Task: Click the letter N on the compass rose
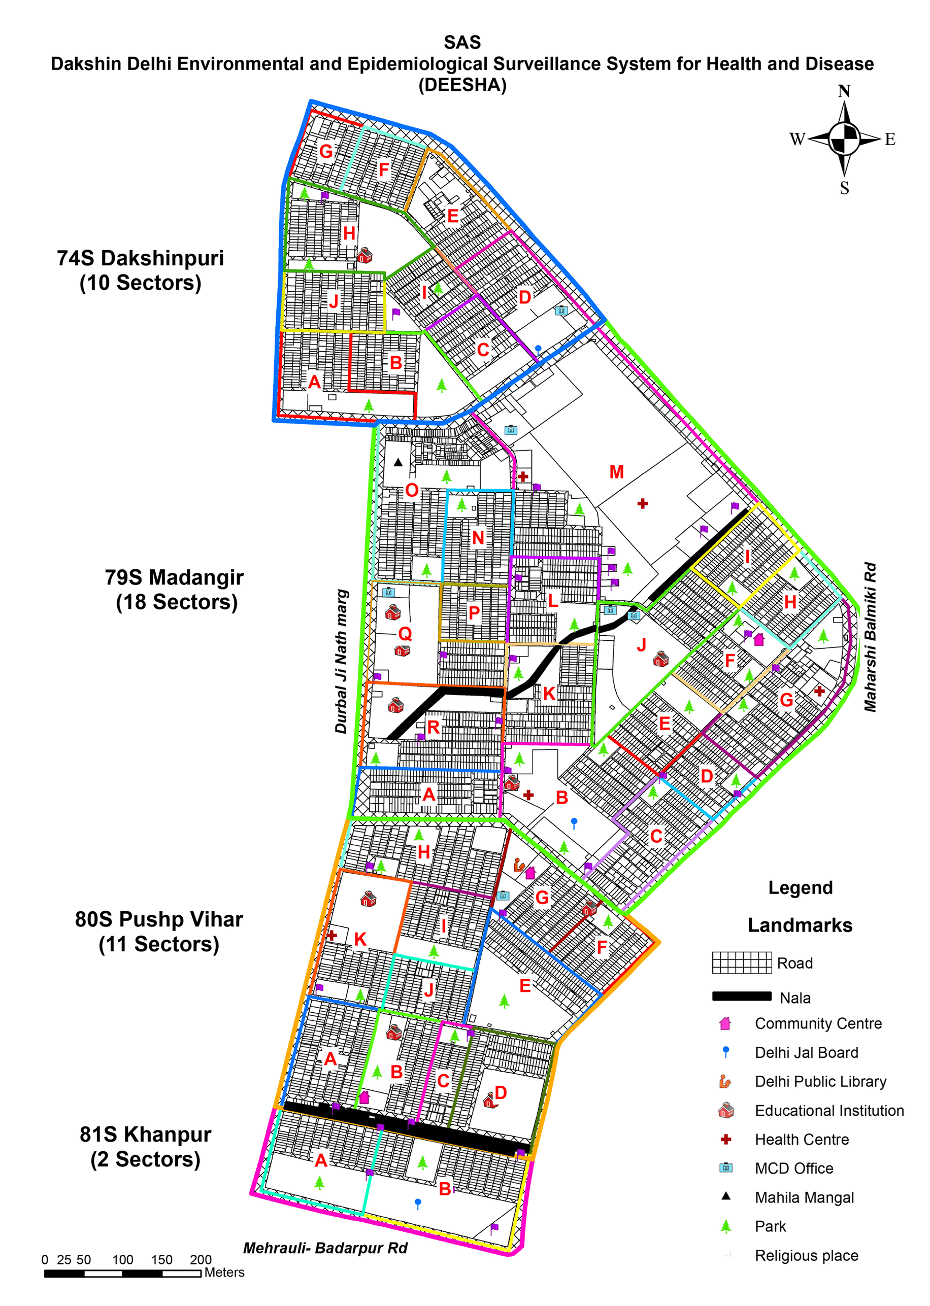point(844,91)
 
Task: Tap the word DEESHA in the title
point(462,85)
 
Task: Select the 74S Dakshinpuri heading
point(140,270)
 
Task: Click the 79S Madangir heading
point(175,590)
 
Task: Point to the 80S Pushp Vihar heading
point(159,931)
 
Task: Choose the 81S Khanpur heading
point(146,1146)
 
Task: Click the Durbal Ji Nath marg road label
point(341,662)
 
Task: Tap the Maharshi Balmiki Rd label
point(870,637)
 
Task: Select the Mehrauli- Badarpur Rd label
point(325,1248)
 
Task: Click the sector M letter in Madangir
point(616,472)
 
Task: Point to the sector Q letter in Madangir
point(405,634)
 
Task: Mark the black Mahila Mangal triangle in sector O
point(398,462)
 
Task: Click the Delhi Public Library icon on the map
point(518,864)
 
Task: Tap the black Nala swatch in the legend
point(742,996)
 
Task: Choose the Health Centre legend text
point(802,1140)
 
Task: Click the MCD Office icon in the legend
point(725,1167)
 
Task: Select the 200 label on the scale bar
point(201,1260)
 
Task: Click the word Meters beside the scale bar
point(224,1272)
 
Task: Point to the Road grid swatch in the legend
point(742,963)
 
